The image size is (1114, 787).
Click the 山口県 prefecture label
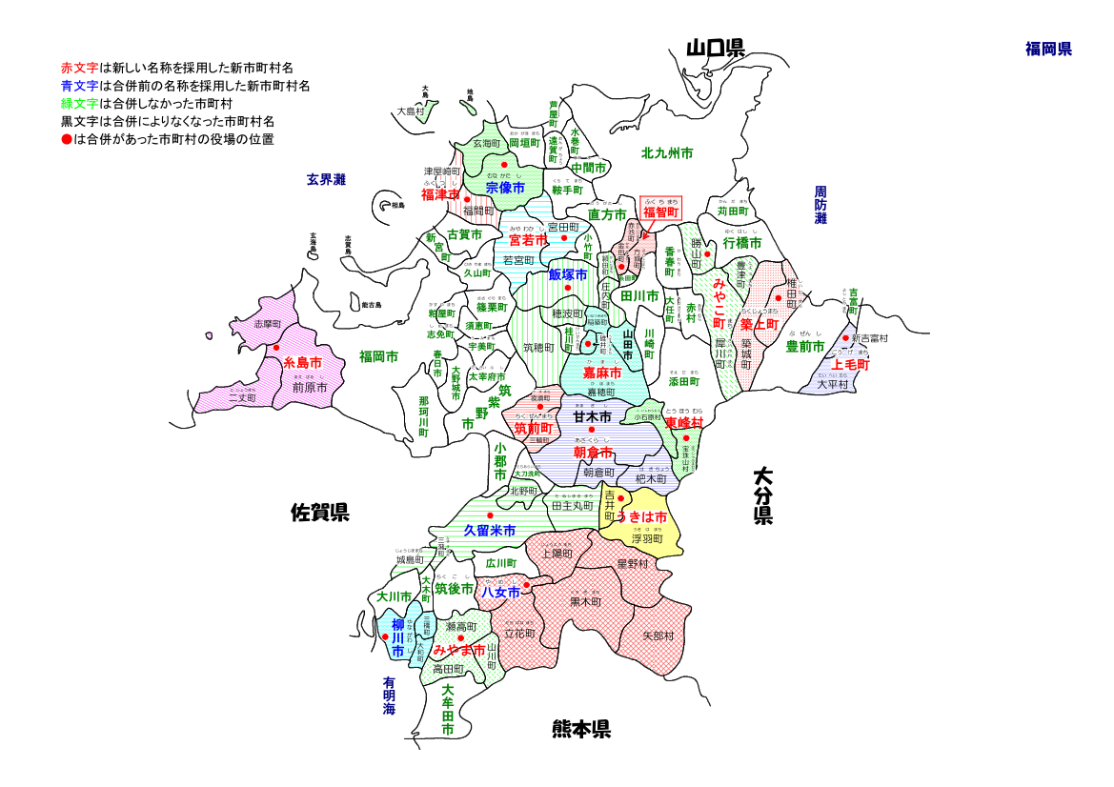715,49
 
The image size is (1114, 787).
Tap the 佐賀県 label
319,514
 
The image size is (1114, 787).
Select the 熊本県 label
580,730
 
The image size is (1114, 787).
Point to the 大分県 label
762,495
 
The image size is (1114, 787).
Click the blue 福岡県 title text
1048,49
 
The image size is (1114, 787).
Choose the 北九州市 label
667,152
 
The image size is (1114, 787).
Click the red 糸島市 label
302,362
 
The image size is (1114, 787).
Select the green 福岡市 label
378,356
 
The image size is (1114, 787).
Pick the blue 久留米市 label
490,530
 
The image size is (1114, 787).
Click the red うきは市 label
641,516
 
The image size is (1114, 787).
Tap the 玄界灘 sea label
326,178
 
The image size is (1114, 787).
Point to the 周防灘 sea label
820,205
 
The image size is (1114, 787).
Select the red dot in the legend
66,139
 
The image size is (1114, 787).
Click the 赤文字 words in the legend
79,69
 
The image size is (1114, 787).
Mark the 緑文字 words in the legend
79,104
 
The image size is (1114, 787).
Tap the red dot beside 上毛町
845,337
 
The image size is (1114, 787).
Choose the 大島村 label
411,111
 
